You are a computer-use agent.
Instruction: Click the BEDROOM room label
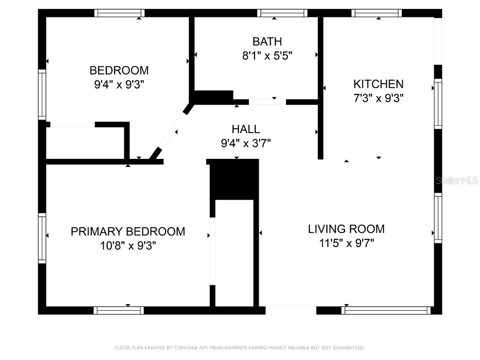(x=119, y=70)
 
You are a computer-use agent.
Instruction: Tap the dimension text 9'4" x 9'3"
(x=119, y=85)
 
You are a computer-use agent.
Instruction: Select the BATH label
(x=267, y=42)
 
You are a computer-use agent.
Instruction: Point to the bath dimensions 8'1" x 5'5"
(x=267, y=56)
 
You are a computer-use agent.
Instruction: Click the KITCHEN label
(x=378, y=84)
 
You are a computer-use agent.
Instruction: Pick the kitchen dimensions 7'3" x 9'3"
(x=378, y=98)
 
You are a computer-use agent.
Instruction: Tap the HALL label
(x=246, y=129)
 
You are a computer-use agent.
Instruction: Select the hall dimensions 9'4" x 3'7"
(x=246, y=143)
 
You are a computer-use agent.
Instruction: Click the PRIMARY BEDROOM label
(x=128, y=231)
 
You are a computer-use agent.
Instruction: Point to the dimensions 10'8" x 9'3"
(x=128, y=245)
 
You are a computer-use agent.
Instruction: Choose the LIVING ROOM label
(x=346, y=229)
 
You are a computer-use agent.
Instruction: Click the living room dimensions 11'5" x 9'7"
(x=346, y=243)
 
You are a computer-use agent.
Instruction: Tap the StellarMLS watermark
(x=457, y=180)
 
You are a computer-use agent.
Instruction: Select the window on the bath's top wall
(x=282, y=13)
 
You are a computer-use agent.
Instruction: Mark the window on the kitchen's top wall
(x=377, y=13)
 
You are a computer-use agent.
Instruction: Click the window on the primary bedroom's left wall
(x=42, y=238)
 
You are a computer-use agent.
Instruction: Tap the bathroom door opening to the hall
(x=267, y=102)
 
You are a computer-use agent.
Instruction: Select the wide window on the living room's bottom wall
(x=387, y=310)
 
